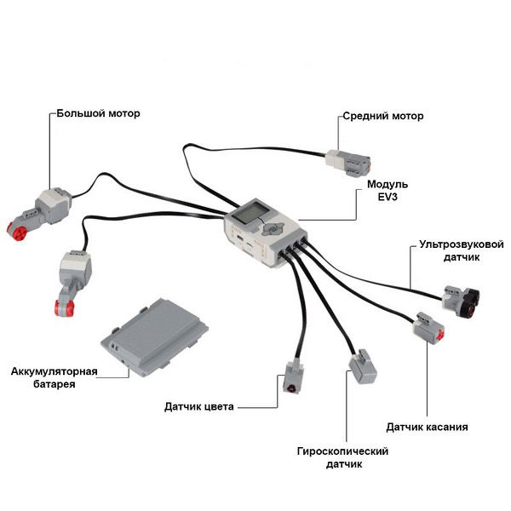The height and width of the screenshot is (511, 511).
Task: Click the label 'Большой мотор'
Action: (x=98, y=112)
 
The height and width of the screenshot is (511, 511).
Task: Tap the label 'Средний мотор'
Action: (x=382, y=116)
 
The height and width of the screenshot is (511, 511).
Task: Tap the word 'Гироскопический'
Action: (x=343, y=451)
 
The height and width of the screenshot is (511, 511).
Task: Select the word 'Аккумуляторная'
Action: (x=55, y=372)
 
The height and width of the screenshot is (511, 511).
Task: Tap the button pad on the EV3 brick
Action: (x=272, y=229)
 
